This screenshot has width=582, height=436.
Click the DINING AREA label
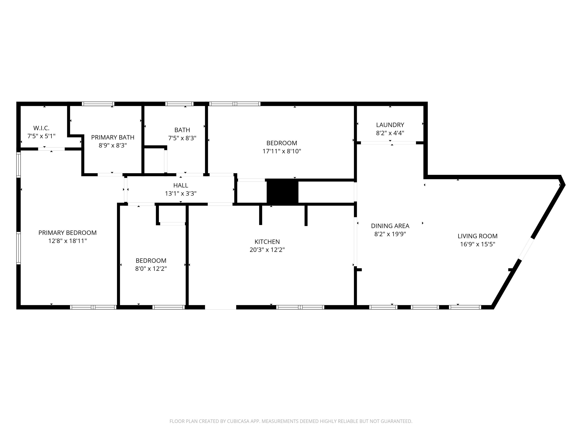[390, 226]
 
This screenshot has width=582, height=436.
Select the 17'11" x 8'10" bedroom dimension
[281, 151]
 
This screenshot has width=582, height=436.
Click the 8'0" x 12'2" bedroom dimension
[151, 269]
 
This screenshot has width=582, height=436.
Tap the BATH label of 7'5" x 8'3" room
[182, 130]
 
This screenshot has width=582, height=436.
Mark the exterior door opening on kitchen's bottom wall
[221, 307]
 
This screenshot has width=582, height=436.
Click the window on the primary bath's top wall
[98, 104]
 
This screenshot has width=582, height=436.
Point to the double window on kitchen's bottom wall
[300, 307]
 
